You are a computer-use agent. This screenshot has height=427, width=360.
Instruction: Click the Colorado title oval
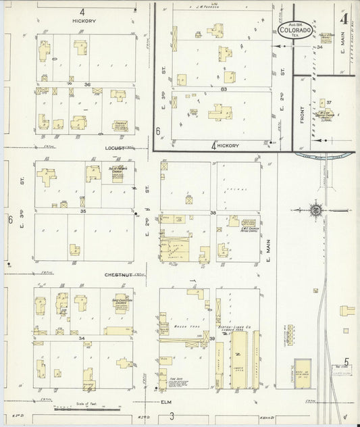[295, 29]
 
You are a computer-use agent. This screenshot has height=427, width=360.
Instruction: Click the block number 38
[212, 212]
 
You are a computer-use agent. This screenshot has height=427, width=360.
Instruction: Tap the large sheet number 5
[346, 362]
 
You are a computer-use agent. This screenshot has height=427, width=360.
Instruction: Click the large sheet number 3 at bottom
[172, 416]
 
